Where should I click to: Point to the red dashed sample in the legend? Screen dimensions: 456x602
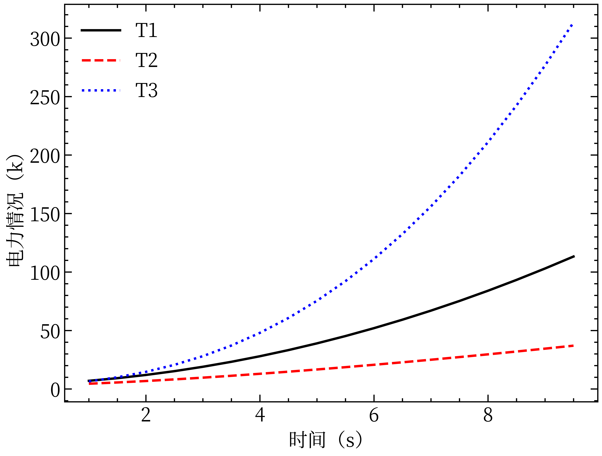101,60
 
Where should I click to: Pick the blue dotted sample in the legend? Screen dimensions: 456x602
101,90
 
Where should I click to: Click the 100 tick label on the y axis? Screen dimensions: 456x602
45,273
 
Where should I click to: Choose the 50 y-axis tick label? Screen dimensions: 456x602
50,332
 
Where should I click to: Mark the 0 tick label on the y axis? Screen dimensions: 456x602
55,390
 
